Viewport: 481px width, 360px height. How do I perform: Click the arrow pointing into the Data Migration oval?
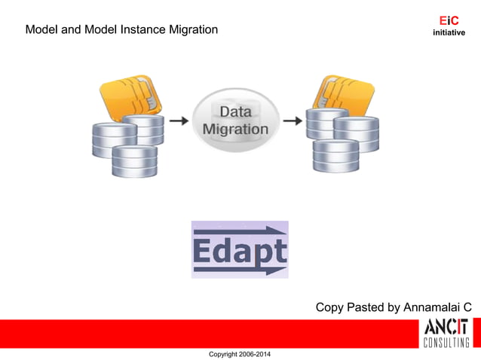[178, 120]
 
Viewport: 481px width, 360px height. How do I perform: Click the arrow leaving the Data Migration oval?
[292, 120]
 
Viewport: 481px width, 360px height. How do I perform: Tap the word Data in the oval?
[235, 112]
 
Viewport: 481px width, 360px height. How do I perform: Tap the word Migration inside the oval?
[235, 129]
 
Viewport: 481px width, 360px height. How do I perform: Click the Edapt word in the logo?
[239, 250]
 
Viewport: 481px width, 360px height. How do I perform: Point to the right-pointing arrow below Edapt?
[239, 269]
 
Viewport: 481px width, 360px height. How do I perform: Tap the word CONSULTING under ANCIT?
[446, 343]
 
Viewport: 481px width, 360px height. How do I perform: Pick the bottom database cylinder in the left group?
[134, 161]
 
